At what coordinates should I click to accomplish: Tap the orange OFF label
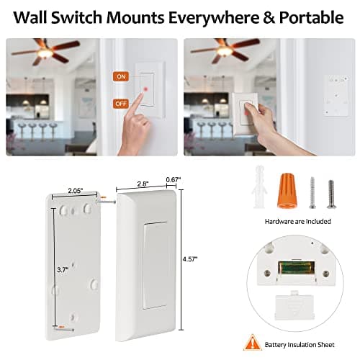(120, 104)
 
